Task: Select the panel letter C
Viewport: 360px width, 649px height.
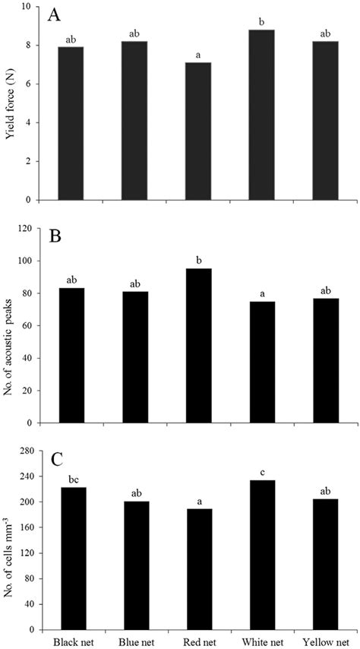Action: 54,461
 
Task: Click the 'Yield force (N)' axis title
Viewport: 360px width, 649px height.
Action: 11,103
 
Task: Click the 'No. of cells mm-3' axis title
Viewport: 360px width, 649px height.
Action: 11,541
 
